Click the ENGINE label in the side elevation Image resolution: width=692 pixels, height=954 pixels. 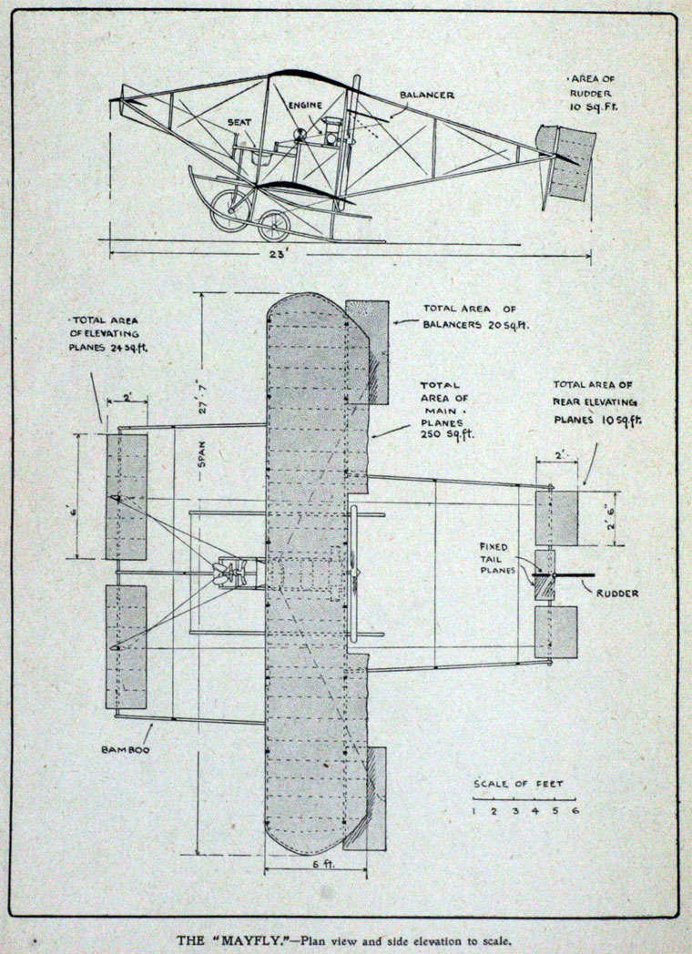pyautogui.click(x=306, y=106)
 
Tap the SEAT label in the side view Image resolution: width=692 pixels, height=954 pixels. pyautogui.click(x=239, y=122)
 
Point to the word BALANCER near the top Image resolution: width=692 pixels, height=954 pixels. pyautogui.click(x=426, y=95)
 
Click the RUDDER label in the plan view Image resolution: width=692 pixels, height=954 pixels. pyautogui.click(x=617, y=594)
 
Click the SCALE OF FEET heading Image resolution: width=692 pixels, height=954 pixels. pyautogui.click(x=519, y=784)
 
